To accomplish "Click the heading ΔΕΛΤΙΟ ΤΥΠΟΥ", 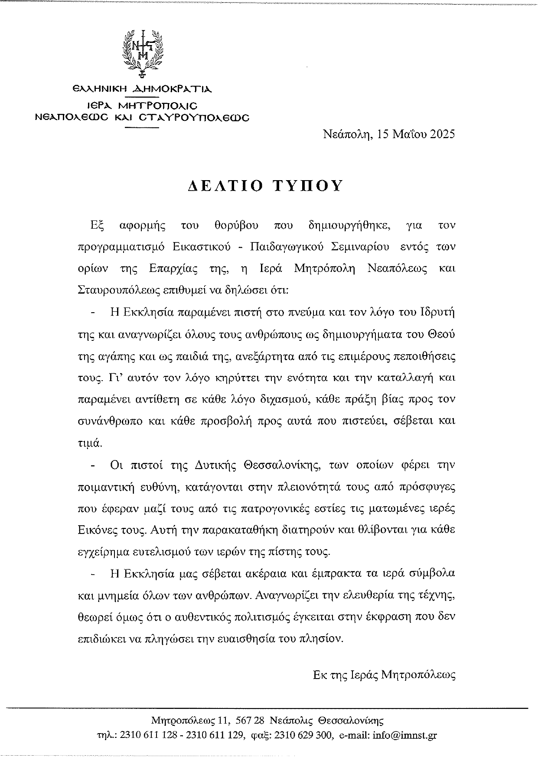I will click(266, 186).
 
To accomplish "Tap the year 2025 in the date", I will click(442, 134).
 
